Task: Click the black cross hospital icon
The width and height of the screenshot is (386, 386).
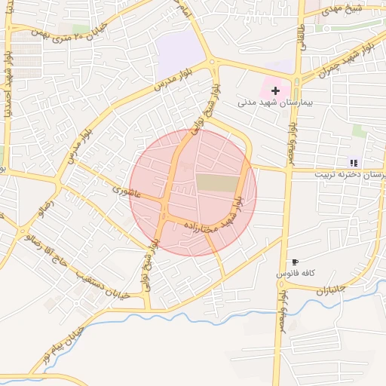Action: pos(274,90)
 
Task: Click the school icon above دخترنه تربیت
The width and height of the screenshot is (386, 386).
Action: pos(353,162)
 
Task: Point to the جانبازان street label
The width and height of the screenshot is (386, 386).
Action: pos(329,289)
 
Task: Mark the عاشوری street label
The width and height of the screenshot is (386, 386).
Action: pos(126,190)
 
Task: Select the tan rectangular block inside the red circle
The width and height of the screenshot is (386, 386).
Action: pos(216,182)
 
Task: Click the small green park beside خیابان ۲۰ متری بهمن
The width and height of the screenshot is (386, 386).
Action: pos(79,29)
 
